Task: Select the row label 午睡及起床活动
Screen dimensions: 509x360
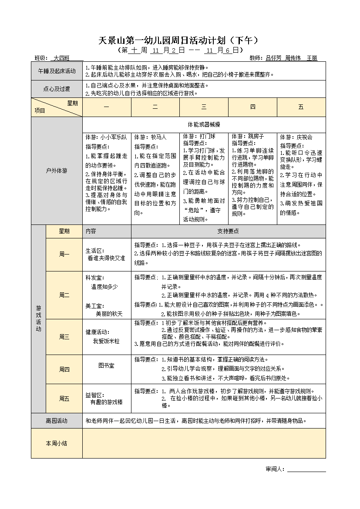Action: (57, 71)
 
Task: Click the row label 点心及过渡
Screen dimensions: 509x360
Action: (57, 89)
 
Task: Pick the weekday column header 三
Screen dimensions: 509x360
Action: (204, 107)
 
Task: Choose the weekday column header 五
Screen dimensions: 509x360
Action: (301, 107)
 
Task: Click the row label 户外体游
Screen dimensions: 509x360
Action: (57, 171)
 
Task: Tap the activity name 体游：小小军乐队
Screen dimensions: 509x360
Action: (106, 137)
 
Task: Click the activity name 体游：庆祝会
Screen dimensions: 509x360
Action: (296, 137)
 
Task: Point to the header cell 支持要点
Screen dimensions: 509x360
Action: (228, 231)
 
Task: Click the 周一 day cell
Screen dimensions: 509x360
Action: (64, 254)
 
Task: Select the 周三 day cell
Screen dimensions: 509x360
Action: (64, 337)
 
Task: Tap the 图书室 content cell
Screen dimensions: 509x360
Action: (106, 366)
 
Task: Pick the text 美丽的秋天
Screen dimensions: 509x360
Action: (109, 313)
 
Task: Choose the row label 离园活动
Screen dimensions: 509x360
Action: (57, 421)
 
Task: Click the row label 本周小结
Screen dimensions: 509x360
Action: (57, 443)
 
